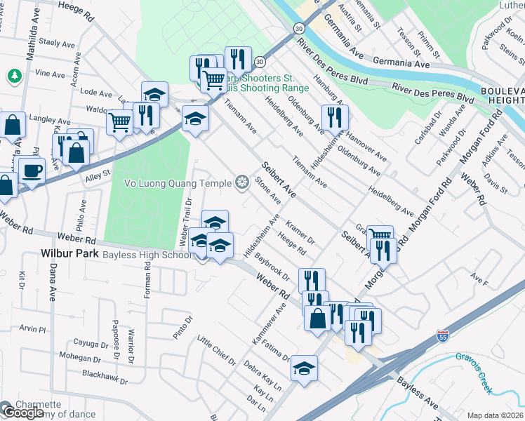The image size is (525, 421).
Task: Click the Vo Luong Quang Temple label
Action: (178, 184)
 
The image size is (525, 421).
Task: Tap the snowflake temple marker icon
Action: (242, 184)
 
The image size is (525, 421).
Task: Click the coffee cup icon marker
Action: (32, 171)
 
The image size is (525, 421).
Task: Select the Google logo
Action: (22, 413)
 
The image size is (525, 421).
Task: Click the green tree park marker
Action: (13, 74)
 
